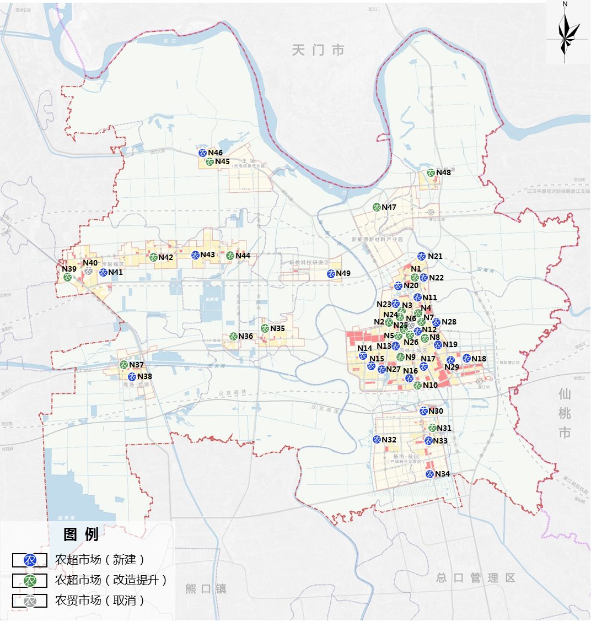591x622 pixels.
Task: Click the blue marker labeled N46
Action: [x=202, y=153]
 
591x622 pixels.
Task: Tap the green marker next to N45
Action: [x=209, y=162]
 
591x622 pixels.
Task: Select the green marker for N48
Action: [x=431, y=172]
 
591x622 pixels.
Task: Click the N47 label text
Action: [x=389, y=208]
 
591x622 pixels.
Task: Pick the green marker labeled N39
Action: [x=68, y=277]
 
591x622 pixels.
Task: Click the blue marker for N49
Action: [x=331, y=274]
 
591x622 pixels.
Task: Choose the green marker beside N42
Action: [x=153, y=257]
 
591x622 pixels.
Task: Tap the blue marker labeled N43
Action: [x=195, y=255]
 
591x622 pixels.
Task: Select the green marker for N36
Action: [x=233, y=337]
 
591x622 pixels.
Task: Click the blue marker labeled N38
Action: [x=132, y=377]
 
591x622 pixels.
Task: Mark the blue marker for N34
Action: [x=429, y=474]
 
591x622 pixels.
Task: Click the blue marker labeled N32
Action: [x=377, y=440]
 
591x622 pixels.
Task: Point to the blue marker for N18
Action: [x=466, y=359]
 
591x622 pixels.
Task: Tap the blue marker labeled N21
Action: [x=422, y=256]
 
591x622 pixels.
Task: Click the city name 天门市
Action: [x=318, y=50]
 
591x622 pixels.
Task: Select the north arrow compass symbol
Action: [x=565, y=33]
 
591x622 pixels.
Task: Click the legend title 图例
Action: [x=81, y=534]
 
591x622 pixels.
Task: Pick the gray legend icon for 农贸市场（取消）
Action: [x=30, y=601]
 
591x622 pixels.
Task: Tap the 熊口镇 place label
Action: [x=206, y=589]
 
